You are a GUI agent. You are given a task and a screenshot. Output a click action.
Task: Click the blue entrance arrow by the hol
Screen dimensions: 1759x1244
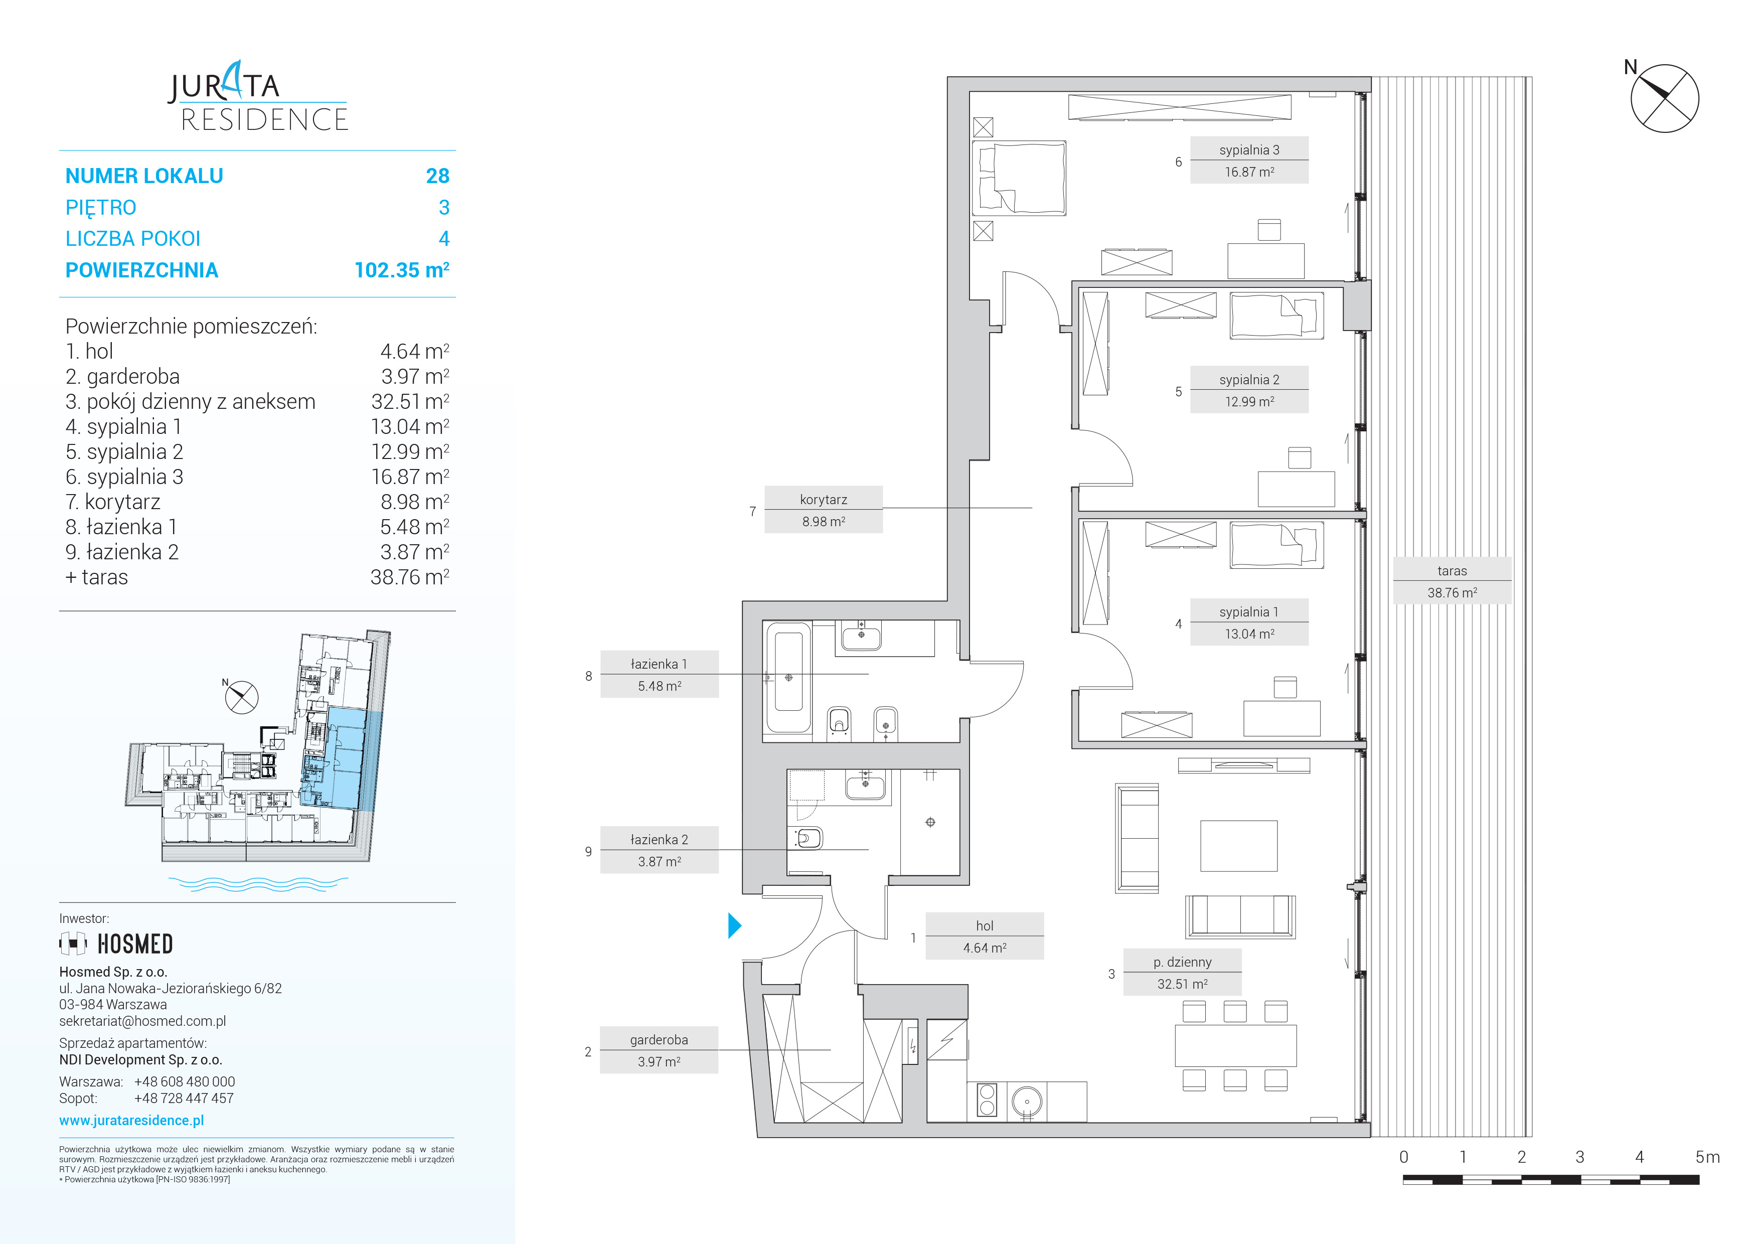click(x=734, y=925)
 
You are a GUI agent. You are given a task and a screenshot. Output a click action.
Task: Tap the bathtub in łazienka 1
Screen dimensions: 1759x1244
click(x=788, y=678)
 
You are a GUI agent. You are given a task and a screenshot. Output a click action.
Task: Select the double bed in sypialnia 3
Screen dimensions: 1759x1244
click(x=1019, y=178)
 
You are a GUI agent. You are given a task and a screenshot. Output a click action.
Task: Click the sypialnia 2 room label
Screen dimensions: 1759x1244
click(x=1249, y=390)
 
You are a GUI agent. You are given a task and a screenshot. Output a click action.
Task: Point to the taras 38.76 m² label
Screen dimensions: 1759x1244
click(x=1452, y=581)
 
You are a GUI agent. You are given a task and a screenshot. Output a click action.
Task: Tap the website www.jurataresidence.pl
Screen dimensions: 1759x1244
click(x=132, y=1120)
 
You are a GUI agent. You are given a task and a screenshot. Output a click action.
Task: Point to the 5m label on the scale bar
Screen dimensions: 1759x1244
click(x=1708, y=1157)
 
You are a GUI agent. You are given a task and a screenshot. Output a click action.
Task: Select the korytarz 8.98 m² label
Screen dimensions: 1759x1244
click(x=824, y=510)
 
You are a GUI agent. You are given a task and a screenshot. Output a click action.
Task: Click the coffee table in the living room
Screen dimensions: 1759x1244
click(x=1239, y=846)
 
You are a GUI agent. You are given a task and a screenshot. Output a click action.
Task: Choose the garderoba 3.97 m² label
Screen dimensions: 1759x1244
click(x=659, y=1050)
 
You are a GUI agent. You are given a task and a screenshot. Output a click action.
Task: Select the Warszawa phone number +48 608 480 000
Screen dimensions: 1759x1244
click(x=185, y=1081)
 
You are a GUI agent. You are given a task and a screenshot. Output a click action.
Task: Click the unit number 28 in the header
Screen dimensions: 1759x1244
click(x=437, y=176)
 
